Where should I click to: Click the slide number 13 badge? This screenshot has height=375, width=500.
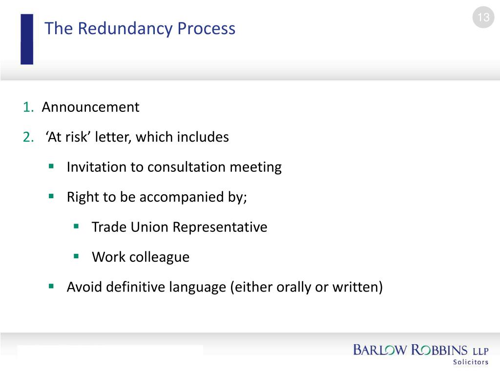(x=483, y=18)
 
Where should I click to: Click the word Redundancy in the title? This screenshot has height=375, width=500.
(x=125, y=29)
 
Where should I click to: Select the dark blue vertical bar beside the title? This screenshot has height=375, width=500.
(x=27, y=39)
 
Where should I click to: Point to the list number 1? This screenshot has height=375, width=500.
(x=27, y=107)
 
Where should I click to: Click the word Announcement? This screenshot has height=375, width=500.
(x=90, y=107)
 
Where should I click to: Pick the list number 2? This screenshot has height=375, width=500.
(x=28, y=137)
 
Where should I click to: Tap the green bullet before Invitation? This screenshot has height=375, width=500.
(x=51, y=167)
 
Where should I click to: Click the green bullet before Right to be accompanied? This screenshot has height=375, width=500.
(x=51, y=196)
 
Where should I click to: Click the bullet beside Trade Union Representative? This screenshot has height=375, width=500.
(x=76, y=226)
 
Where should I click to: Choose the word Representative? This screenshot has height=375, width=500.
(x=220, y=227)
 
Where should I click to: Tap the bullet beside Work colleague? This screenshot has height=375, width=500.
(x=76, y=256)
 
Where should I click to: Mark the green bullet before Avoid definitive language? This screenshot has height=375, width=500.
(x=51, y=286)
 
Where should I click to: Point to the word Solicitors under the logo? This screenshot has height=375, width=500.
(x=471, y=362)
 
